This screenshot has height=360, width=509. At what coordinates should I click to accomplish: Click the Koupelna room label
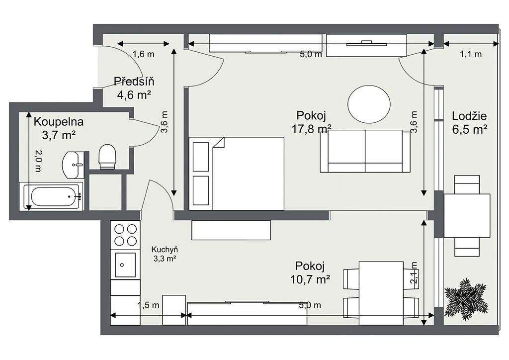click(x=59, y=122)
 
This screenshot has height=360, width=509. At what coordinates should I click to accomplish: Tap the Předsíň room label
click(x=134, y=81)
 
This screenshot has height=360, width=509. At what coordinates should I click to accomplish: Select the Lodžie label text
click(x=469, y=116)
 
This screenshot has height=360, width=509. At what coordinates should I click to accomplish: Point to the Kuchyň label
click(x=165, y=250)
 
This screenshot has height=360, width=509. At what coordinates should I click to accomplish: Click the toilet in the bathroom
click(x=107, y=157)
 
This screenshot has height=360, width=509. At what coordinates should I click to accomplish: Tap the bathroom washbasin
click(x=73, y=165)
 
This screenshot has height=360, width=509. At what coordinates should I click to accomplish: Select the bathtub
click(x=51, y=197)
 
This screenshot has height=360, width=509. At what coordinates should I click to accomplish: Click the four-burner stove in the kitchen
click(x=125, y=235)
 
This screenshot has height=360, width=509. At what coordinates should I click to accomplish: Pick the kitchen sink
click(x=125, y=265)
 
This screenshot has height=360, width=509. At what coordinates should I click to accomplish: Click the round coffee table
click(x=369, y=104)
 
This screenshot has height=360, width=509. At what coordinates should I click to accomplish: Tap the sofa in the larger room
click(x=365, y=151)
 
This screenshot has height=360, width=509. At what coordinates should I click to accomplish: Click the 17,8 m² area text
click(x=311, y=129)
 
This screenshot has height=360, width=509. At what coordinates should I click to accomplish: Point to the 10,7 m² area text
click(x=310, y=279)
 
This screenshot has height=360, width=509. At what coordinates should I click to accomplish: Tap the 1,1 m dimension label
click(x=471, y=54)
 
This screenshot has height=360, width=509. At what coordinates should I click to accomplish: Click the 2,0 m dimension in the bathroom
click(x=38, y=161)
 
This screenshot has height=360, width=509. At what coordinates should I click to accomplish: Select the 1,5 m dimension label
click(x=148, y=305)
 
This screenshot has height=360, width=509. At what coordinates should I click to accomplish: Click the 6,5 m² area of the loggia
click(x=470, y=129)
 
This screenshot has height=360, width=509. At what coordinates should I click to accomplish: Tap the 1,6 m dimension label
click(x=144, y=54)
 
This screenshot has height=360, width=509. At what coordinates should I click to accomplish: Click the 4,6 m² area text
click(x=134, y=95)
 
